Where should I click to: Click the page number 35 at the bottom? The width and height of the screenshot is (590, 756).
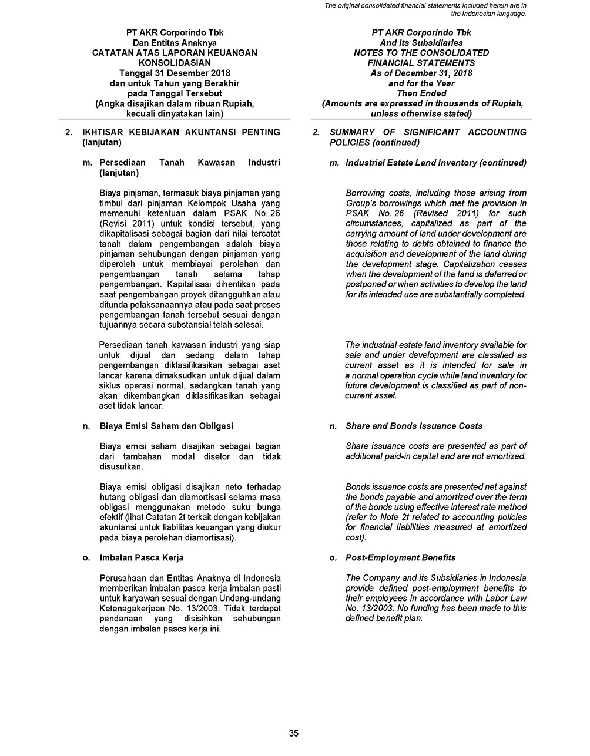click(x=294, y=733)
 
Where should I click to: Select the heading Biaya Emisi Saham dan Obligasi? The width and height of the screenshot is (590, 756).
click(x=167, y=426)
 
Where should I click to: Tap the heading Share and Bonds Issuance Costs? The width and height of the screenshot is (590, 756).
click(x=414, y=426)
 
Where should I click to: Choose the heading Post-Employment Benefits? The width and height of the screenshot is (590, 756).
click(x=401, y=557)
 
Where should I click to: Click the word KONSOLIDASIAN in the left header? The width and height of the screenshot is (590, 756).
click(x=175, y=63)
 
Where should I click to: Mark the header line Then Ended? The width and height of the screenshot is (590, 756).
click(x=421, y=93)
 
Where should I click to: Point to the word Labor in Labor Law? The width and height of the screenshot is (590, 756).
click(x=495, y=599)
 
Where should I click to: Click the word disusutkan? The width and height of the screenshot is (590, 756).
click(x=122, y=467)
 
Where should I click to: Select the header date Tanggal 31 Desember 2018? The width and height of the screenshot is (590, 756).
click(x=175, y=73)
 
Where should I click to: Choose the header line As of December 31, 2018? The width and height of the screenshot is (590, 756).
click(x=421, y=73)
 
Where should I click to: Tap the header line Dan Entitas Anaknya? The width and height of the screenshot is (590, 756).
click(x=175, y=43)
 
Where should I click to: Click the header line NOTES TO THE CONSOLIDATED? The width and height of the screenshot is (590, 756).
click(x=421, y=53)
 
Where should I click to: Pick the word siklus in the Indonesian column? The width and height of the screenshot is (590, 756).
click(x=112, y=385)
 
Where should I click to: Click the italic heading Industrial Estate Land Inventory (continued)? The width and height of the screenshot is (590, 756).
click(x=436, y=163)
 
